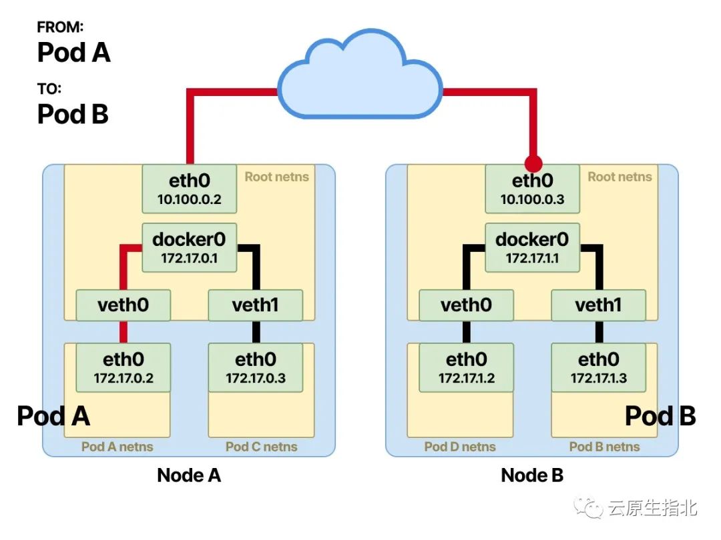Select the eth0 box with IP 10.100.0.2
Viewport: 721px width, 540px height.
(190, 189)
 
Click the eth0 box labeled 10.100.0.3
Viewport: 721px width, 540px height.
(532, 189)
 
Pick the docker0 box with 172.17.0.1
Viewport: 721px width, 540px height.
(190, 247)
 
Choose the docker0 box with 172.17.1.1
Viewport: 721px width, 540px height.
(532, 247)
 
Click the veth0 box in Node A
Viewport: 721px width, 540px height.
(123, 305)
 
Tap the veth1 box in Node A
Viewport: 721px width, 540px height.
(255, 305)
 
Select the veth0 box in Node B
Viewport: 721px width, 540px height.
(466, 305)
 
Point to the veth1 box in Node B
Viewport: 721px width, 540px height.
(598, 305)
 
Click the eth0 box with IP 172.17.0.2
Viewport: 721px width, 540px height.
(123, 367)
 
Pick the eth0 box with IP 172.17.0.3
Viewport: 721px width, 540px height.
(255, 367)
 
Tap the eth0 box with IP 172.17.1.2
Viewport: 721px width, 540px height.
(466, 367)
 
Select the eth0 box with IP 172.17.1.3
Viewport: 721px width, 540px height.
(598, 367)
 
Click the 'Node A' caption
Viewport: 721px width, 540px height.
(189, 475)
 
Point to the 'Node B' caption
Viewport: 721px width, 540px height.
(532, 475)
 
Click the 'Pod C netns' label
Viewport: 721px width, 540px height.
(261, 447)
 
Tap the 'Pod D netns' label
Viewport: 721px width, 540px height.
(460, 447)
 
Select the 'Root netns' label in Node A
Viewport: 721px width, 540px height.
(276, 177)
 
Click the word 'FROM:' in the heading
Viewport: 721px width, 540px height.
(61, 27)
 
